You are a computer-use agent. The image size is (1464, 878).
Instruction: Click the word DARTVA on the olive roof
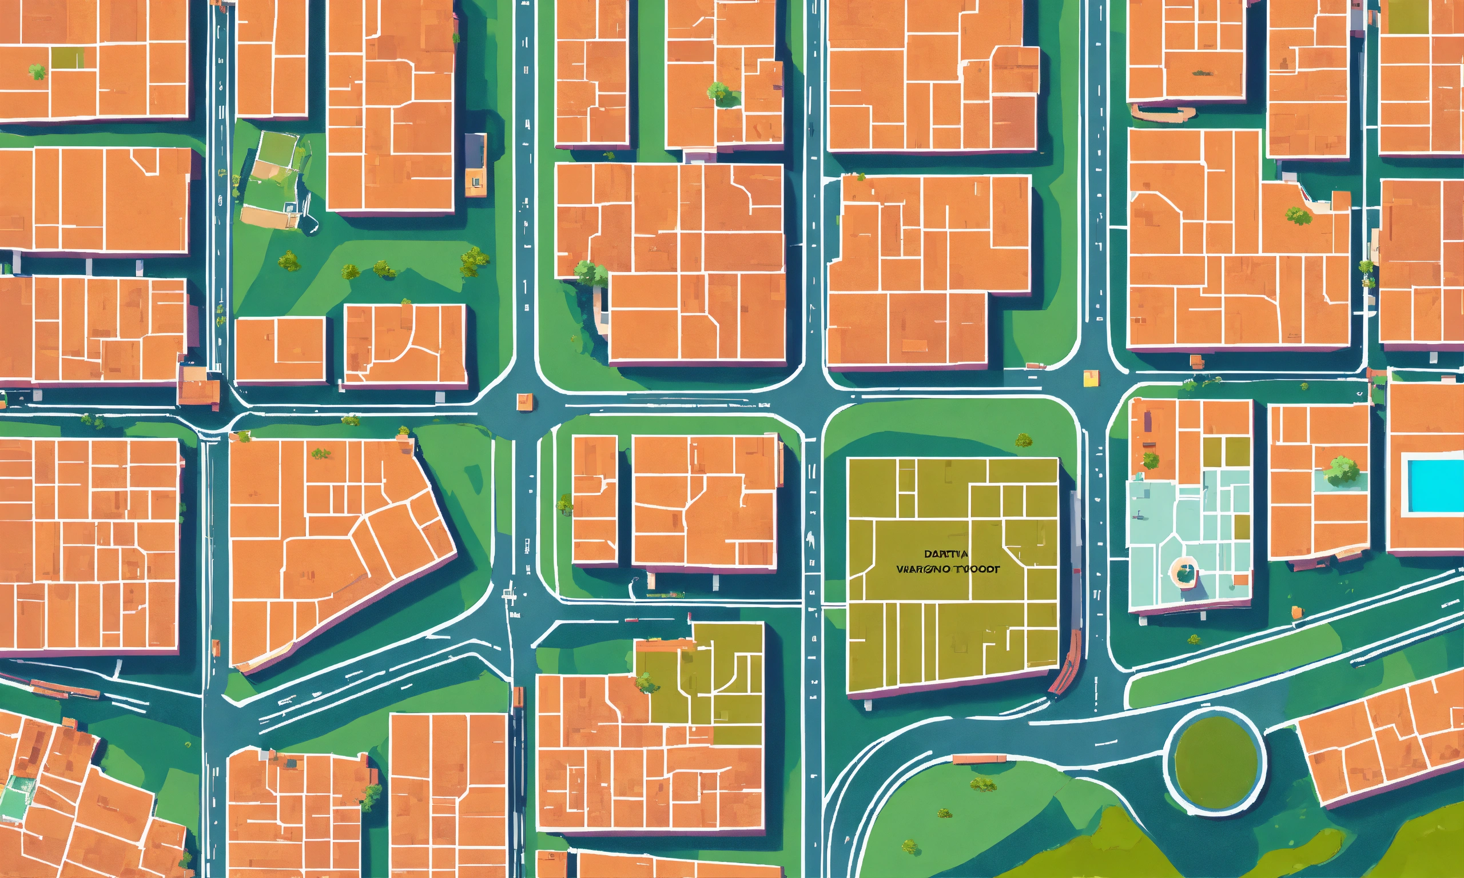(x=946, y=554)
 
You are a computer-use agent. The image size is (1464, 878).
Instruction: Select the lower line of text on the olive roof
(x=948, y=569)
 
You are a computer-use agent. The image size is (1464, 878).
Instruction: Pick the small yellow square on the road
(x=1090, y=378)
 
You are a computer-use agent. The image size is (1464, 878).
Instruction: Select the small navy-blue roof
(x=475, y=150)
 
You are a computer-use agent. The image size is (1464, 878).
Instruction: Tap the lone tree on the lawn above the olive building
(x=1023, y=440)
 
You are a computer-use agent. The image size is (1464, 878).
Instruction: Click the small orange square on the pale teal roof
(x=1243, y=579)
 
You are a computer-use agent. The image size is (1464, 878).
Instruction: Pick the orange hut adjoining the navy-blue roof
(x=475, y=182)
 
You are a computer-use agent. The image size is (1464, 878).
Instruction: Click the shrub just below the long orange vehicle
(x=982, y=784)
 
